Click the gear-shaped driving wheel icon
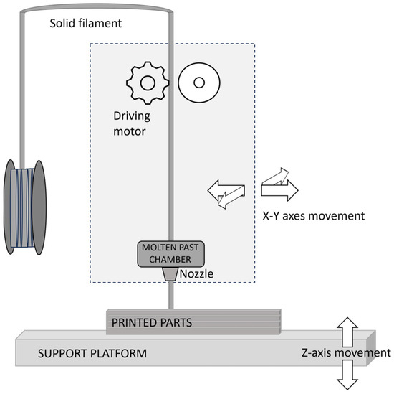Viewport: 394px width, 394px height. point(147,83)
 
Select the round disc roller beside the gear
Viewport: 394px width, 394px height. point(196,83)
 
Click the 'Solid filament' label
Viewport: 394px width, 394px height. point(86,24)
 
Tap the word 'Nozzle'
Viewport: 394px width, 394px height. point(196,273)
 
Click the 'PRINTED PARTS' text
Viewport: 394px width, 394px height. point(156,322)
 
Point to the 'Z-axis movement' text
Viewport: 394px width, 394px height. point(347,352)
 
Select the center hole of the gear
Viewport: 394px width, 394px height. point(147,83)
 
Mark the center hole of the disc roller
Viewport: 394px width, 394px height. point(196,83)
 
